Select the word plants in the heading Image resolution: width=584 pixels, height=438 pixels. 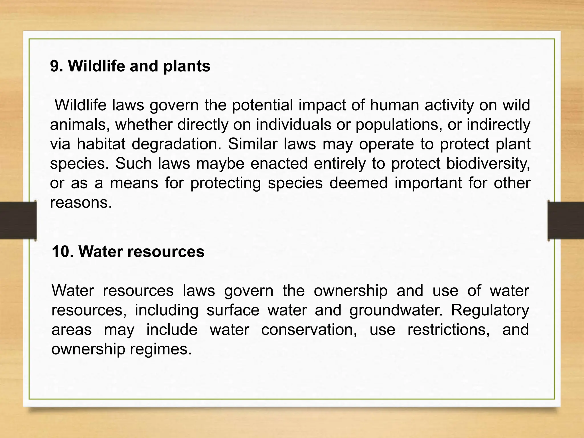coord(187,67)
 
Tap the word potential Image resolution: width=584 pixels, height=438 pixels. coord(262,106)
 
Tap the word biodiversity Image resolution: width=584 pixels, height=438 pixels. coord(488,164)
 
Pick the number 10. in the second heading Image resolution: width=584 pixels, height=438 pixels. coord(62,252)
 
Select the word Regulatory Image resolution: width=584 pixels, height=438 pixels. coord(490,311)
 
